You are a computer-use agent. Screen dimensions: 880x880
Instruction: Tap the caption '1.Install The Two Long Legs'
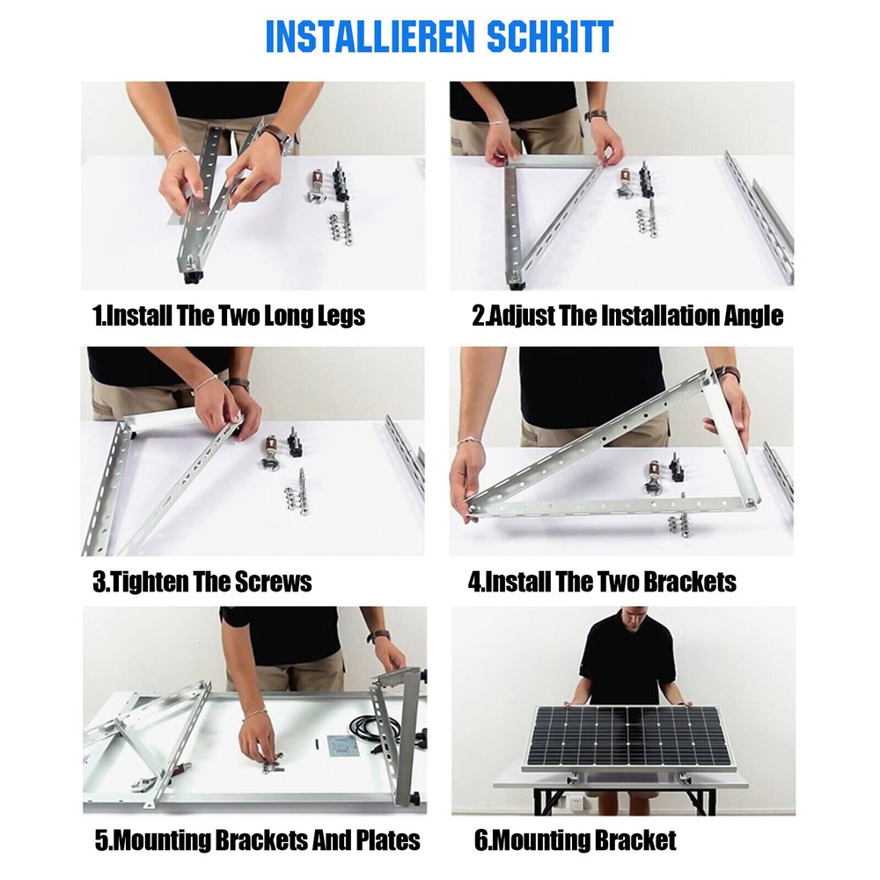point(229,316)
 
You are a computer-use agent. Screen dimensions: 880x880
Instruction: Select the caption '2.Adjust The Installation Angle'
point(627,316)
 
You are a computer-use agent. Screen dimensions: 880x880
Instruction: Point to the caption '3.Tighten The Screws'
point(202,582)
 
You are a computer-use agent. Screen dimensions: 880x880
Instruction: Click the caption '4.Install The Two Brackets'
point(602,582)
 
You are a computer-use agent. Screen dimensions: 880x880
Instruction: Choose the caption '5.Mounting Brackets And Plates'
point(257,840)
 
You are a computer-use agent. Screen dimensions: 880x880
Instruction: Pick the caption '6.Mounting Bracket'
point(576,840)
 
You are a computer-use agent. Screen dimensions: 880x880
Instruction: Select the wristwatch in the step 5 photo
point(379,635)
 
